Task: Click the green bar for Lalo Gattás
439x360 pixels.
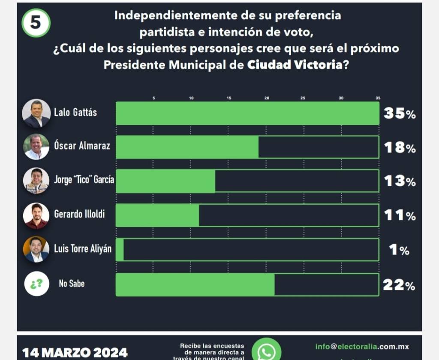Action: tap(247, 113)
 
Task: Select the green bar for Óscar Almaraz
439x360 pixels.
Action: tap(187, 147)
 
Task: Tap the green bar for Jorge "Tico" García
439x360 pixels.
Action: tap(165, 181)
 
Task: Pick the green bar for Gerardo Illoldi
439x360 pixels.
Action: tap(157, 215)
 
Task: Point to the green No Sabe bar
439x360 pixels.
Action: tap(195, 284)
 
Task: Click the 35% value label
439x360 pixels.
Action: tap(399, 114)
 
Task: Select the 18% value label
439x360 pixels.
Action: tap(399, 148)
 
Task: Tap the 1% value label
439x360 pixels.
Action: tap(399, 250)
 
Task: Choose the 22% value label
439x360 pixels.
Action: tap(399, 284)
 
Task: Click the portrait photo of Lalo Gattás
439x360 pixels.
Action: tap(36, 113)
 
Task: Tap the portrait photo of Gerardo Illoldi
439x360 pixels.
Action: tap(36, 215)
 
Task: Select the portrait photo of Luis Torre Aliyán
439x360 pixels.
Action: tap(36, 249)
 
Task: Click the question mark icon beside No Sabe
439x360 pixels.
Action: tap(36, 284)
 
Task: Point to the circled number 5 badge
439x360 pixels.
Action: tap(36, 23)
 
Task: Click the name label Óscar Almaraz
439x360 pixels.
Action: tap(82, 146)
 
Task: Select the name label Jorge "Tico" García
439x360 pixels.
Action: tap(84, 180)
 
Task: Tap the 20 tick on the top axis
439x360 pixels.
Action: tap(266, 98)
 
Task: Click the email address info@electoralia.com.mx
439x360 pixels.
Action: tap(362, 346)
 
